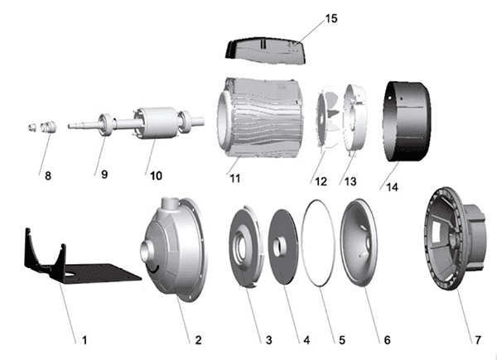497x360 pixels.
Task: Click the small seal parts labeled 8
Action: coord(42,127)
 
